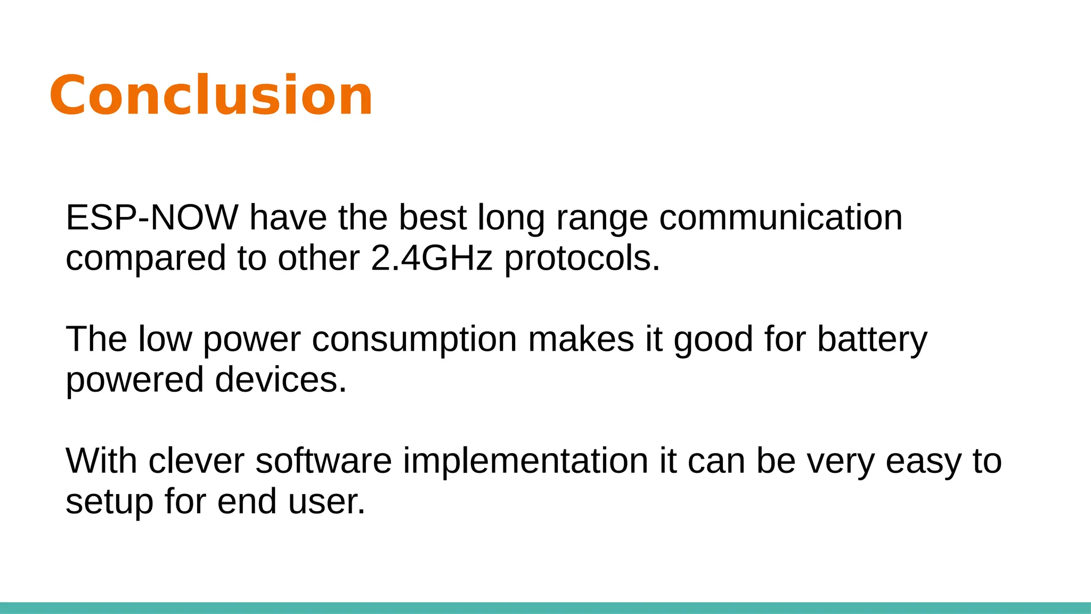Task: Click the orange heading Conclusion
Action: pos(211,95)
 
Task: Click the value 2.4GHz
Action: pos(431,258)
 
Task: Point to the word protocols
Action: pos(582,259)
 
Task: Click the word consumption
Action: pos(414,340)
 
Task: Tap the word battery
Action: pos(872,340)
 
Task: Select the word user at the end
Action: pos(326,502)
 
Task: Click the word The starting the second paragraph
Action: pos(96,339)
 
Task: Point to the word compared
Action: pos(145,259)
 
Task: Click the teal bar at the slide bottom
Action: pos(545,608)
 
